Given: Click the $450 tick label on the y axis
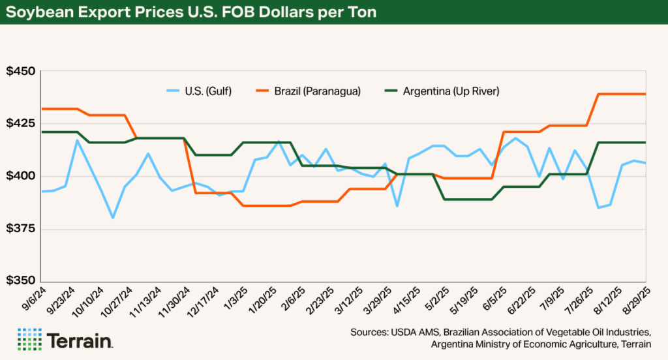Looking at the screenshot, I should [22, 71].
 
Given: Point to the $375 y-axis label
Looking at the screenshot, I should [22, 229].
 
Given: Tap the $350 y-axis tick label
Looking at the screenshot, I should [22, 281].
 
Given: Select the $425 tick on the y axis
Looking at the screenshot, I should [22, 123].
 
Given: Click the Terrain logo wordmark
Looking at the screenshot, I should [80, 340].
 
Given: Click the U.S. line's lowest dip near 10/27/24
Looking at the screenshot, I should [113, 217].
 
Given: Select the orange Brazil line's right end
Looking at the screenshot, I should [645, 94].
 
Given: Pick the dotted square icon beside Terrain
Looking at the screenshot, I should [27, 339].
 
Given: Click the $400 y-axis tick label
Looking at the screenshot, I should [22, 176].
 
